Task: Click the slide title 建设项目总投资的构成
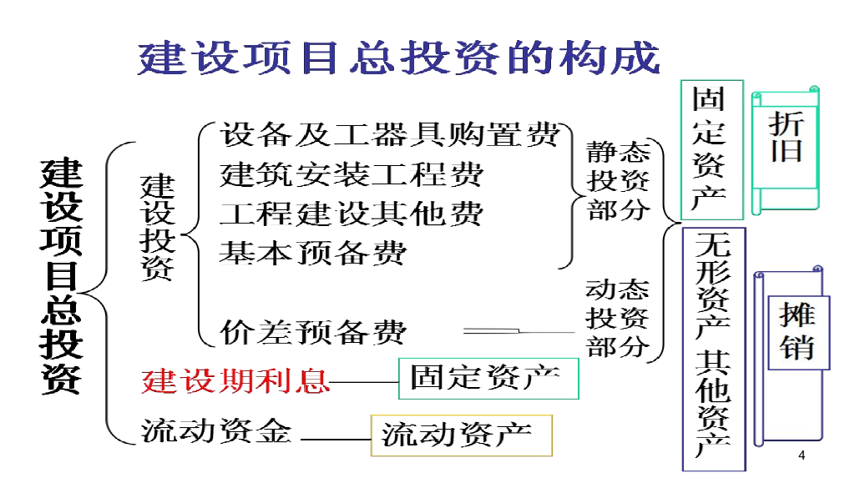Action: pyautogui.click(x=398, y=58)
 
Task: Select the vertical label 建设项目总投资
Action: pyautogui.click(x=61, y=275)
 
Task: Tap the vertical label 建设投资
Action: pyautogui.click(x=158, y=227)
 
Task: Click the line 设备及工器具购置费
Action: pyautogui.click(x=390, y=134)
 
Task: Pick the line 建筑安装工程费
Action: pyautogui.click(x=352, y=174)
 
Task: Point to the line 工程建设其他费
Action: pyautogui.click(x=352, y=214)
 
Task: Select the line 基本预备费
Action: pyautogui.click(x=313, y=253)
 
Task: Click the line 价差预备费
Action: pyautogui.click(x=313, y=332)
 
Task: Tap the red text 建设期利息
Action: pyautogui.click(x=235, y=380)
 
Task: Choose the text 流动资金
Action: pyautogui.click(x=216, y=430)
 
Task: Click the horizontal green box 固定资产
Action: pyautogui.click(x=488, y=379)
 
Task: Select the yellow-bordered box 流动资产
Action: pyautogui.click(x=461, y=435)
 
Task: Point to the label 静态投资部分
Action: pyautogui.click(x=619, y=181)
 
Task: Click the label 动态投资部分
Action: pyautogui.click(x=618, y=319)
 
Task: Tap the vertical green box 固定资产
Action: pyautogui.click(x=712, y=150)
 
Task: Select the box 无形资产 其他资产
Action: pyautogui.click(x=714, y=350)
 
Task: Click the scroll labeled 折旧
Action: pyautogui.click(x=786, y=150)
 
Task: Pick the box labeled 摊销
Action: pyautogui.click(x=798, y=333)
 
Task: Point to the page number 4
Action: pyautogui.click(x=802, y=455)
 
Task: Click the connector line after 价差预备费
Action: pyautogui.click(x=519, y=330)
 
